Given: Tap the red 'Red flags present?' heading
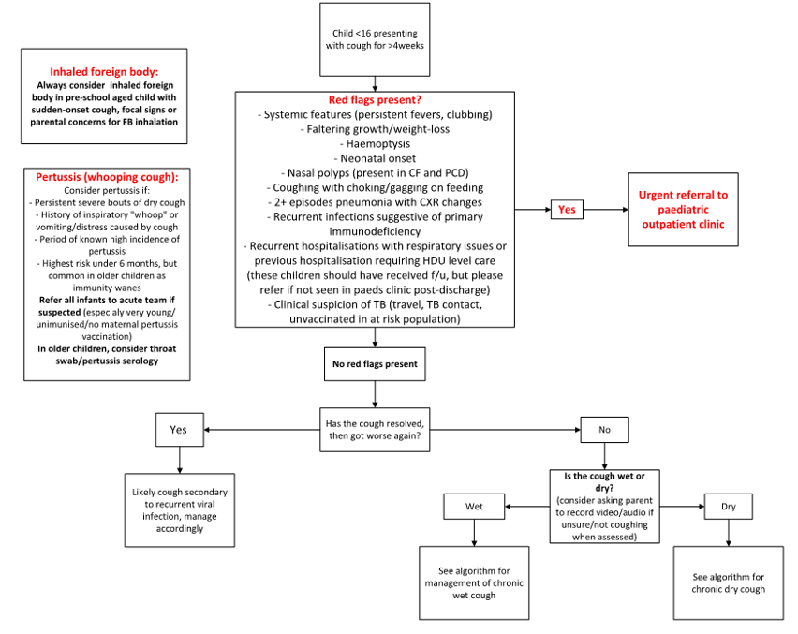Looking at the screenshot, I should (x=375, y=100).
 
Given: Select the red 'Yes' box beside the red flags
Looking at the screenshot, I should (x=567, y=210).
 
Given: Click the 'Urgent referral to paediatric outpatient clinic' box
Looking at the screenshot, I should (x=682, y=210).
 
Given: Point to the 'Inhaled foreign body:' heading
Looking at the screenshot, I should (x=104, y=71).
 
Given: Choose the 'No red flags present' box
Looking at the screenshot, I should (x=375, y=363).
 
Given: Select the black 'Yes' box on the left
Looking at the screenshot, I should (x=178, y=429).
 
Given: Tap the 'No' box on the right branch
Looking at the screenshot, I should (x=604, y=429).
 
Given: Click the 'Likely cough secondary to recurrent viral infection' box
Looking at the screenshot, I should (x=179, y=509).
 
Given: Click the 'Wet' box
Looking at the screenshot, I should (x=474, y=507).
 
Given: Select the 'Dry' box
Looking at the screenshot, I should (x=729, y=507).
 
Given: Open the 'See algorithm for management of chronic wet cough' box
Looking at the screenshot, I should (x=474, y=582).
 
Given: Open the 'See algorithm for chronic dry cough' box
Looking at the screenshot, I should (x=729, y=582).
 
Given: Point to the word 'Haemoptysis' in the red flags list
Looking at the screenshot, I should (x=375, y=144).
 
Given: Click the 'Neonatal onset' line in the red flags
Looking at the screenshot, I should (x=375, y=158).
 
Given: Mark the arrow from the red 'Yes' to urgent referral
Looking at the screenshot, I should (x=605, y=210).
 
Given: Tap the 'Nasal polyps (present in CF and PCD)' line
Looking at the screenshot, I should (x=375, y=173).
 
